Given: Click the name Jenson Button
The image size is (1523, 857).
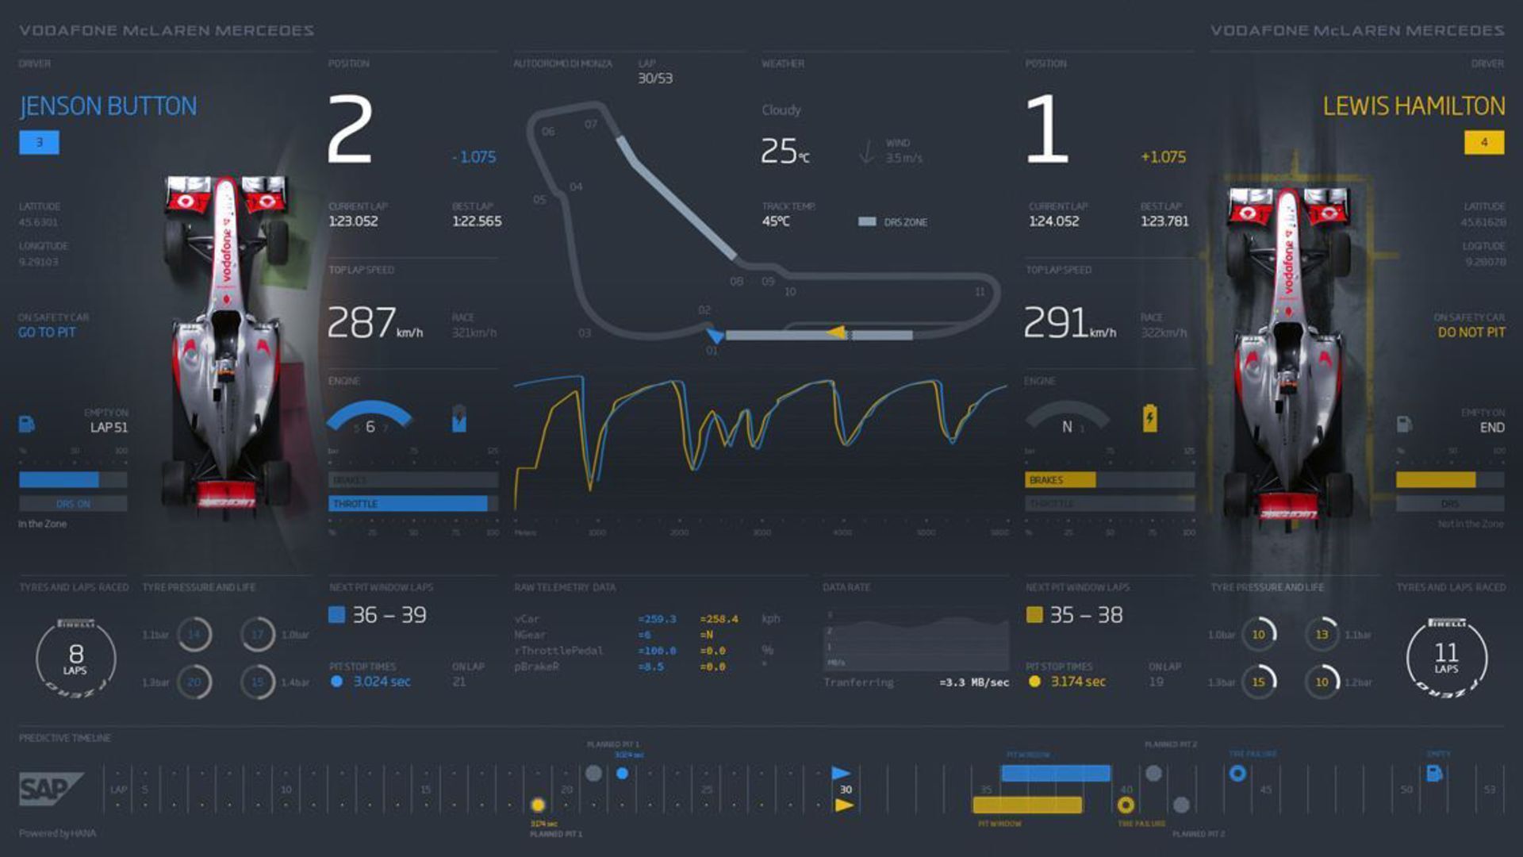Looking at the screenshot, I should pyautogui.click(x=108, y=106).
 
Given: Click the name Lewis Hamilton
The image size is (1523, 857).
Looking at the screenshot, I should pyautogui.click(x=1413, y=106).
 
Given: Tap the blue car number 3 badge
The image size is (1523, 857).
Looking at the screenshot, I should pyautogui.click(x=39, y=143).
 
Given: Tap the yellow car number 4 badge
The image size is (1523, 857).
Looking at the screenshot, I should pyautogui.click(x=1483, y=143).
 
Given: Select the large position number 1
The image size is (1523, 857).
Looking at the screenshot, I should pyautogui.click(x=1046, y=129).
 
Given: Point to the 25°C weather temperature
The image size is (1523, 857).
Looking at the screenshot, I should pyautogui.click(x=784, y=151).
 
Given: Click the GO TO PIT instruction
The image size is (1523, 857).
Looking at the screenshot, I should pyautogui.click(x=47, y=332).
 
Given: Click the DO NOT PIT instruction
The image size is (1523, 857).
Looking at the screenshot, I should pyautogui.click(x=1471, y=332).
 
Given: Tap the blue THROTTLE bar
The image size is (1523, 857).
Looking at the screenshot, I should pyautogui.click(x=408, y=504).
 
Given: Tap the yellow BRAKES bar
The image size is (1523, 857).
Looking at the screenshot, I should pyautogui.click(x=1060, y=480).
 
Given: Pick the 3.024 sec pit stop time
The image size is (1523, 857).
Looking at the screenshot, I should pyautogui.click(x=382, y=682).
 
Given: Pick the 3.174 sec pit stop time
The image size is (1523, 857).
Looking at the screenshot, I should pyautogui.click(x=1077, y=682).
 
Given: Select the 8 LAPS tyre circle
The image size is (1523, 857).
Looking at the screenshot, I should pyautogui.click(x=76, y=659).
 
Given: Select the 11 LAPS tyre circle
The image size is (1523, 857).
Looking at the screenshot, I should pyautogui.click(x=1446, y=659).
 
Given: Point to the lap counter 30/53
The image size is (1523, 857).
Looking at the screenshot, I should pyautogui.click(x=655, y=79).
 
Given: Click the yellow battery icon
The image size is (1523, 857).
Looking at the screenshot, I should pyautogui.click(x=1149, y=418).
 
